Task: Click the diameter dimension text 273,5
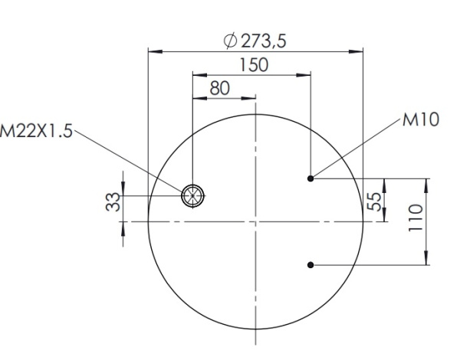tap(263, 41)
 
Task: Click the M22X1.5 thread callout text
tap(36, 131)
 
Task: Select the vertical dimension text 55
tap(374, 201)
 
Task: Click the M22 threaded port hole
tap(192, 196)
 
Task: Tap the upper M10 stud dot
tap(310, 178)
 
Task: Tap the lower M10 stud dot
tap(310, 265)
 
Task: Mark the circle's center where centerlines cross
tap(255, 221)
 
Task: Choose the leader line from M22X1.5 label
tap(130, 162)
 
